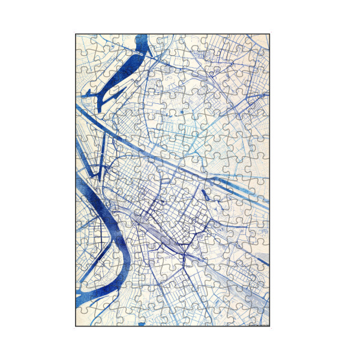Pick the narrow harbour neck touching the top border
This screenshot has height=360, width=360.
tap(143, 41)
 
